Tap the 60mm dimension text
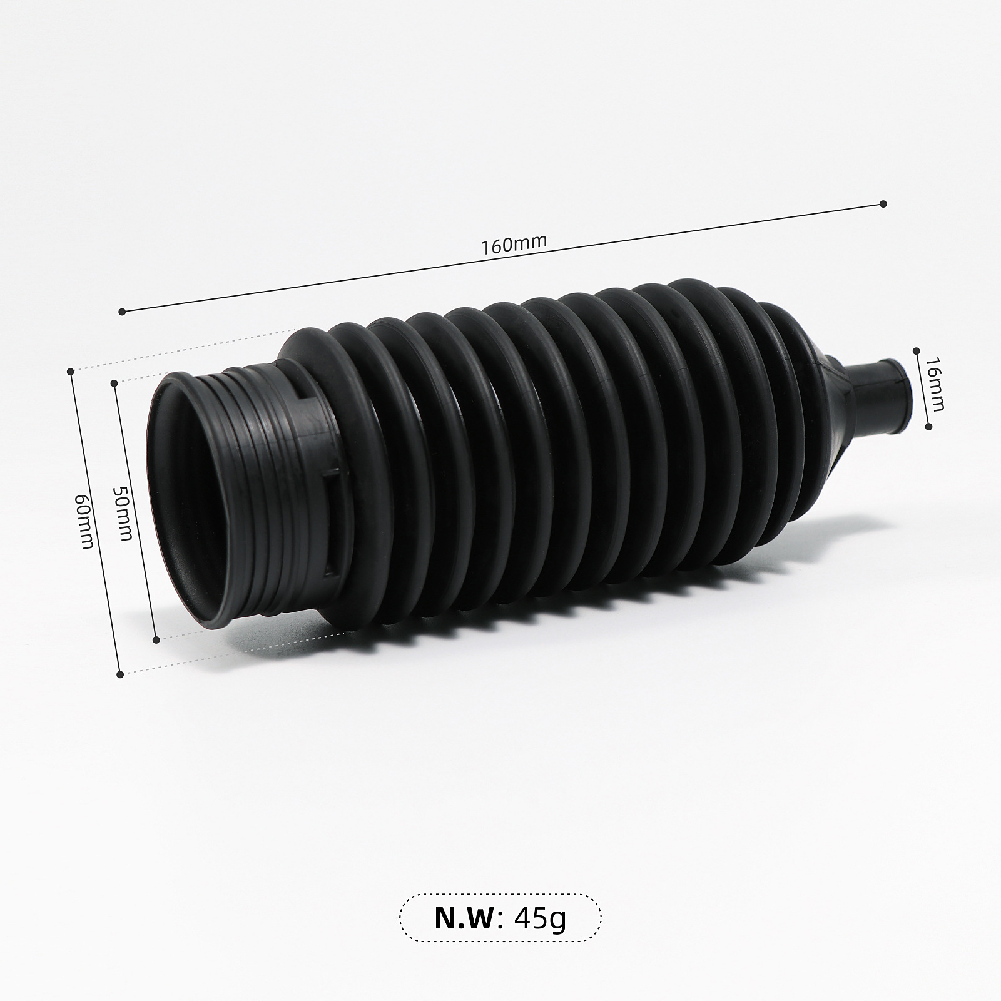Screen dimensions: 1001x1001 pyautogui.click(x=84, y=520)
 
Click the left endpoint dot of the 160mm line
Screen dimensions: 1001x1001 pyautogui.click(x=122, y=311)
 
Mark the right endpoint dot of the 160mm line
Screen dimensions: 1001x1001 pyautogui.click(x=883, y=203)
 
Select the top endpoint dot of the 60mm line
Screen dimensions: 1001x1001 pyautogui.click(x=71, y=371)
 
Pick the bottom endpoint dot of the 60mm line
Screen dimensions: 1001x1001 pyautogui.click(x=120, y=674)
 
